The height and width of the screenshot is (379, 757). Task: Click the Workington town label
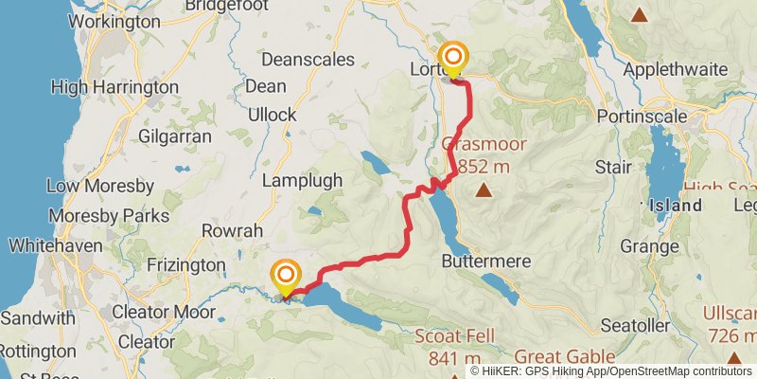[x=114, y=20]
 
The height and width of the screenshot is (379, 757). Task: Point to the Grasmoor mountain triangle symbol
[x=484, y=190]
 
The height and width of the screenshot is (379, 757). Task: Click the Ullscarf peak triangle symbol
[x=734, y=356]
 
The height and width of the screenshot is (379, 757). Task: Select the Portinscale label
[x=641, y=116]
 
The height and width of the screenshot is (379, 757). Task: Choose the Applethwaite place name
[x=675, y=69]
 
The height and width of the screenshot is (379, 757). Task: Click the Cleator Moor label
[x=156, y=310]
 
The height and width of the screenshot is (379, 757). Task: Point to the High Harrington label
[x=114, y=87]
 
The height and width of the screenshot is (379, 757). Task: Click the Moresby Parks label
[x=109, y=215]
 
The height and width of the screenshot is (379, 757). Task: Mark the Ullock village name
[x=273, y=115]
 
